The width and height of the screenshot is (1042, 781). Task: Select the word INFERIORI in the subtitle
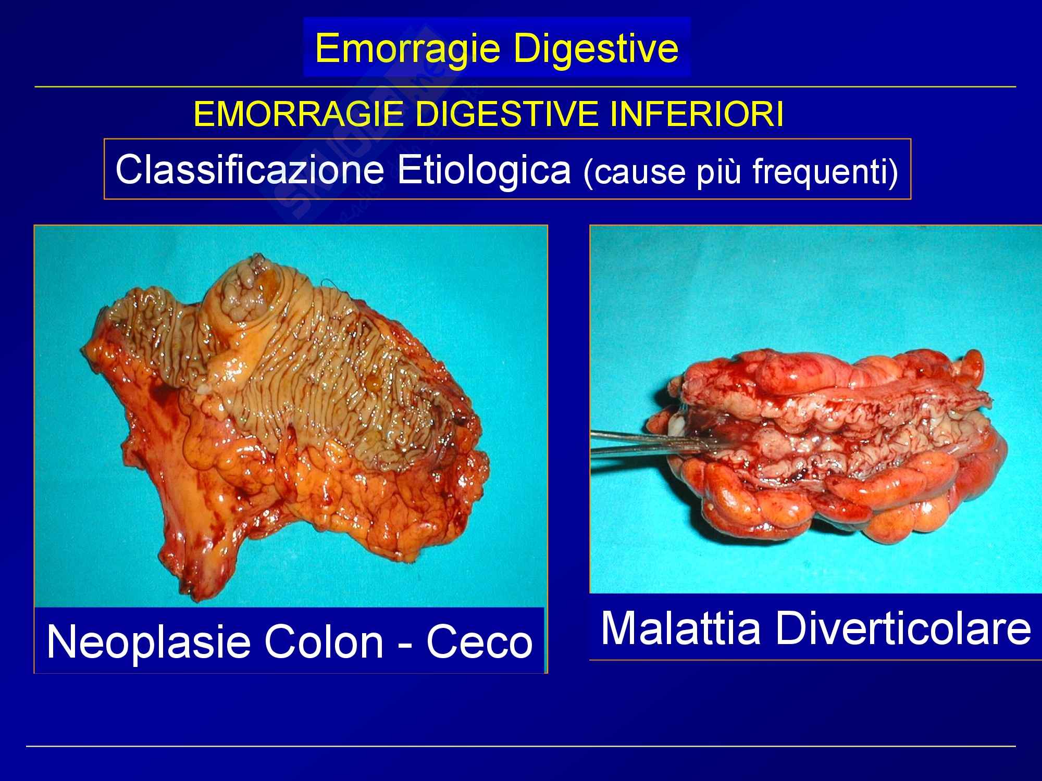696,116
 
